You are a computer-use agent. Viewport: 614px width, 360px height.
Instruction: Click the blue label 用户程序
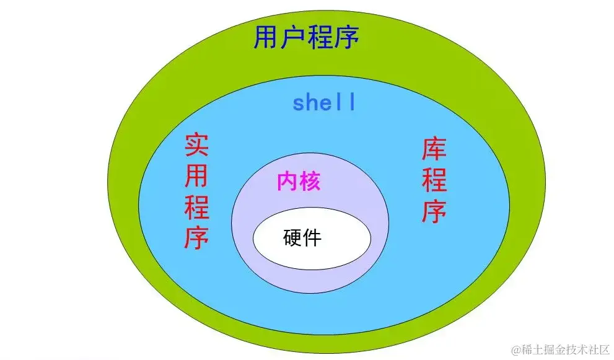tap(307, 38)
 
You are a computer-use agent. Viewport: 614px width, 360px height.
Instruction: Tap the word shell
tap(325, 103)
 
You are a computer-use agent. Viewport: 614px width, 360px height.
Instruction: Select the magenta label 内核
tap(299, 182)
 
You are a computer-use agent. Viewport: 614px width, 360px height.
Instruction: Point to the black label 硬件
tap(303, 237)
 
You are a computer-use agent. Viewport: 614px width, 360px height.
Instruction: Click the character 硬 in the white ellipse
tap(292, 237)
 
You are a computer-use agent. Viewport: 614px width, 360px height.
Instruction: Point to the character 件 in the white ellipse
tap(313, 237)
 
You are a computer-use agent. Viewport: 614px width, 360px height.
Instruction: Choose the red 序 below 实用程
tap(197, 237)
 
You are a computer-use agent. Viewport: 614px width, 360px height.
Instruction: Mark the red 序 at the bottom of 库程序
tap(434, 211)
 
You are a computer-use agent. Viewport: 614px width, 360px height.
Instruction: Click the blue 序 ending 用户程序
tap(346, 38)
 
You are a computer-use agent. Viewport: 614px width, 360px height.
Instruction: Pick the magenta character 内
tap(287, 182)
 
